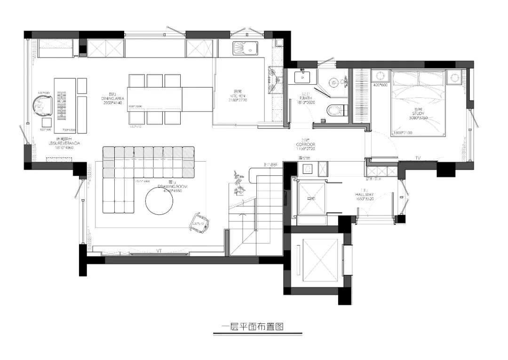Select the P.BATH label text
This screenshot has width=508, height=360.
[306, 98]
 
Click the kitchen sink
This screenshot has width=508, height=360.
[244, 49]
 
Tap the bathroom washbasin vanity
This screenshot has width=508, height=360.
[301, 76]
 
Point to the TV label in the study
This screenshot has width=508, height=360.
[417, 157]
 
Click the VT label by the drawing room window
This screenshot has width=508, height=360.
[159, 251]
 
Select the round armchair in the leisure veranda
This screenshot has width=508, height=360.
[43, 106]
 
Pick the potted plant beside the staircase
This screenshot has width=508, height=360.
[238, 184]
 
